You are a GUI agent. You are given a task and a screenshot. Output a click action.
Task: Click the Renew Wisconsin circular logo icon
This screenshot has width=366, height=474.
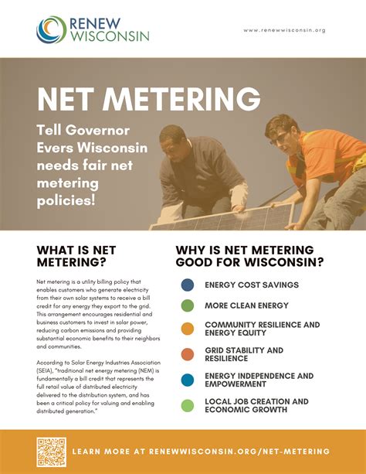50,29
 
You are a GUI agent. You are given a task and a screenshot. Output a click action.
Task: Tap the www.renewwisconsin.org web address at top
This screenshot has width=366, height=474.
284,30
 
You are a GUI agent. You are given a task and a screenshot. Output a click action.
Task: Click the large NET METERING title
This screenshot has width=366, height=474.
148,100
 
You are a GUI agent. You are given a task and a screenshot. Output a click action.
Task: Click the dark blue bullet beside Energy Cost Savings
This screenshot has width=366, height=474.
187,285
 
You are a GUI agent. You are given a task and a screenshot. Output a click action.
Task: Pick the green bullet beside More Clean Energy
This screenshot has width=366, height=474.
187,305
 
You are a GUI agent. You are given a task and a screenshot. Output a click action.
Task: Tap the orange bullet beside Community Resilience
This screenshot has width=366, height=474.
187,329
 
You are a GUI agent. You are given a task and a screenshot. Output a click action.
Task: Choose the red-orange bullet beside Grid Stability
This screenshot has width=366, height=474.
187,354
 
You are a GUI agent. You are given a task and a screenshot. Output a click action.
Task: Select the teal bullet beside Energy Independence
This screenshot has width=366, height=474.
187,380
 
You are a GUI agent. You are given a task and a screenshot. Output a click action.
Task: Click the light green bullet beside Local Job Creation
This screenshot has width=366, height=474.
187,405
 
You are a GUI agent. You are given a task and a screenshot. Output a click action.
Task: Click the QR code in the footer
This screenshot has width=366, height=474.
51,451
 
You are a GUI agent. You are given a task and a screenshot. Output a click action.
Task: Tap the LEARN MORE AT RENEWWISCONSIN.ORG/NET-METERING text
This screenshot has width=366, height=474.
202,451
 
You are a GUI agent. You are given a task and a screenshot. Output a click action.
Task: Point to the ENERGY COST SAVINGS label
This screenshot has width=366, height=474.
251,285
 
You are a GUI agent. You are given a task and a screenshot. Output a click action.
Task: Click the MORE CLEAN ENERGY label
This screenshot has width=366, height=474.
246,305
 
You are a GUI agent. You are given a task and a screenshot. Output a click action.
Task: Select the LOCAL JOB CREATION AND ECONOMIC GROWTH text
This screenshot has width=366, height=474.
256,405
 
